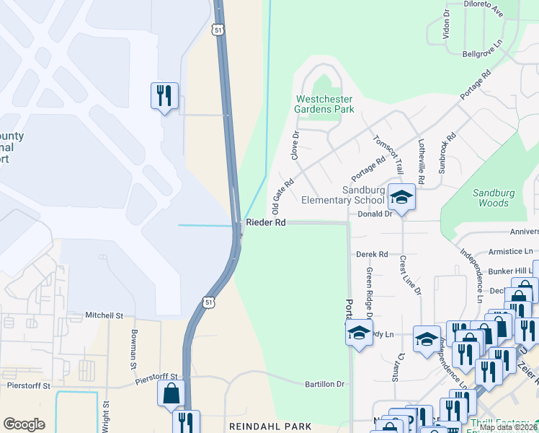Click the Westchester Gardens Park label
point(324,104)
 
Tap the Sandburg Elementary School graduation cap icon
point(401,196)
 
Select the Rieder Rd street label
point(266,223)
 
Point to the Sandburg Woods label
point(494,198)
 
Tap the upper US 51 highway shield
point(218,30)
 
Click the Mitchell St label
point(104,315)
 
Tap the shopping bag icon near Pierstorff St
point(171,394)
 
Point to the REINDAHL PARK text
point(270,427)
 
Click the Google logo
point(24,424)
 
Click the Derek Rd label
point(372,254)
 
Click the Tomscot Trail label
point(385,150)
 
